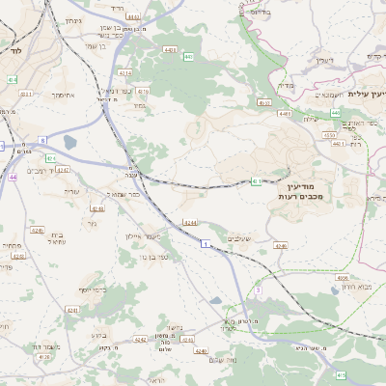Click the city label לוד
15,48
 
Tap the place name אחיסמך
64,94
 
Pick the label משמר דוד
43,346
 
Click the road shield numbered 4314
125,72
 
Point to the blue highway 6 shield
42,141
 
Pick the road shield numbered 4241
71,310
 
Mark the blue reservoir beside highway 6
69,143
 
